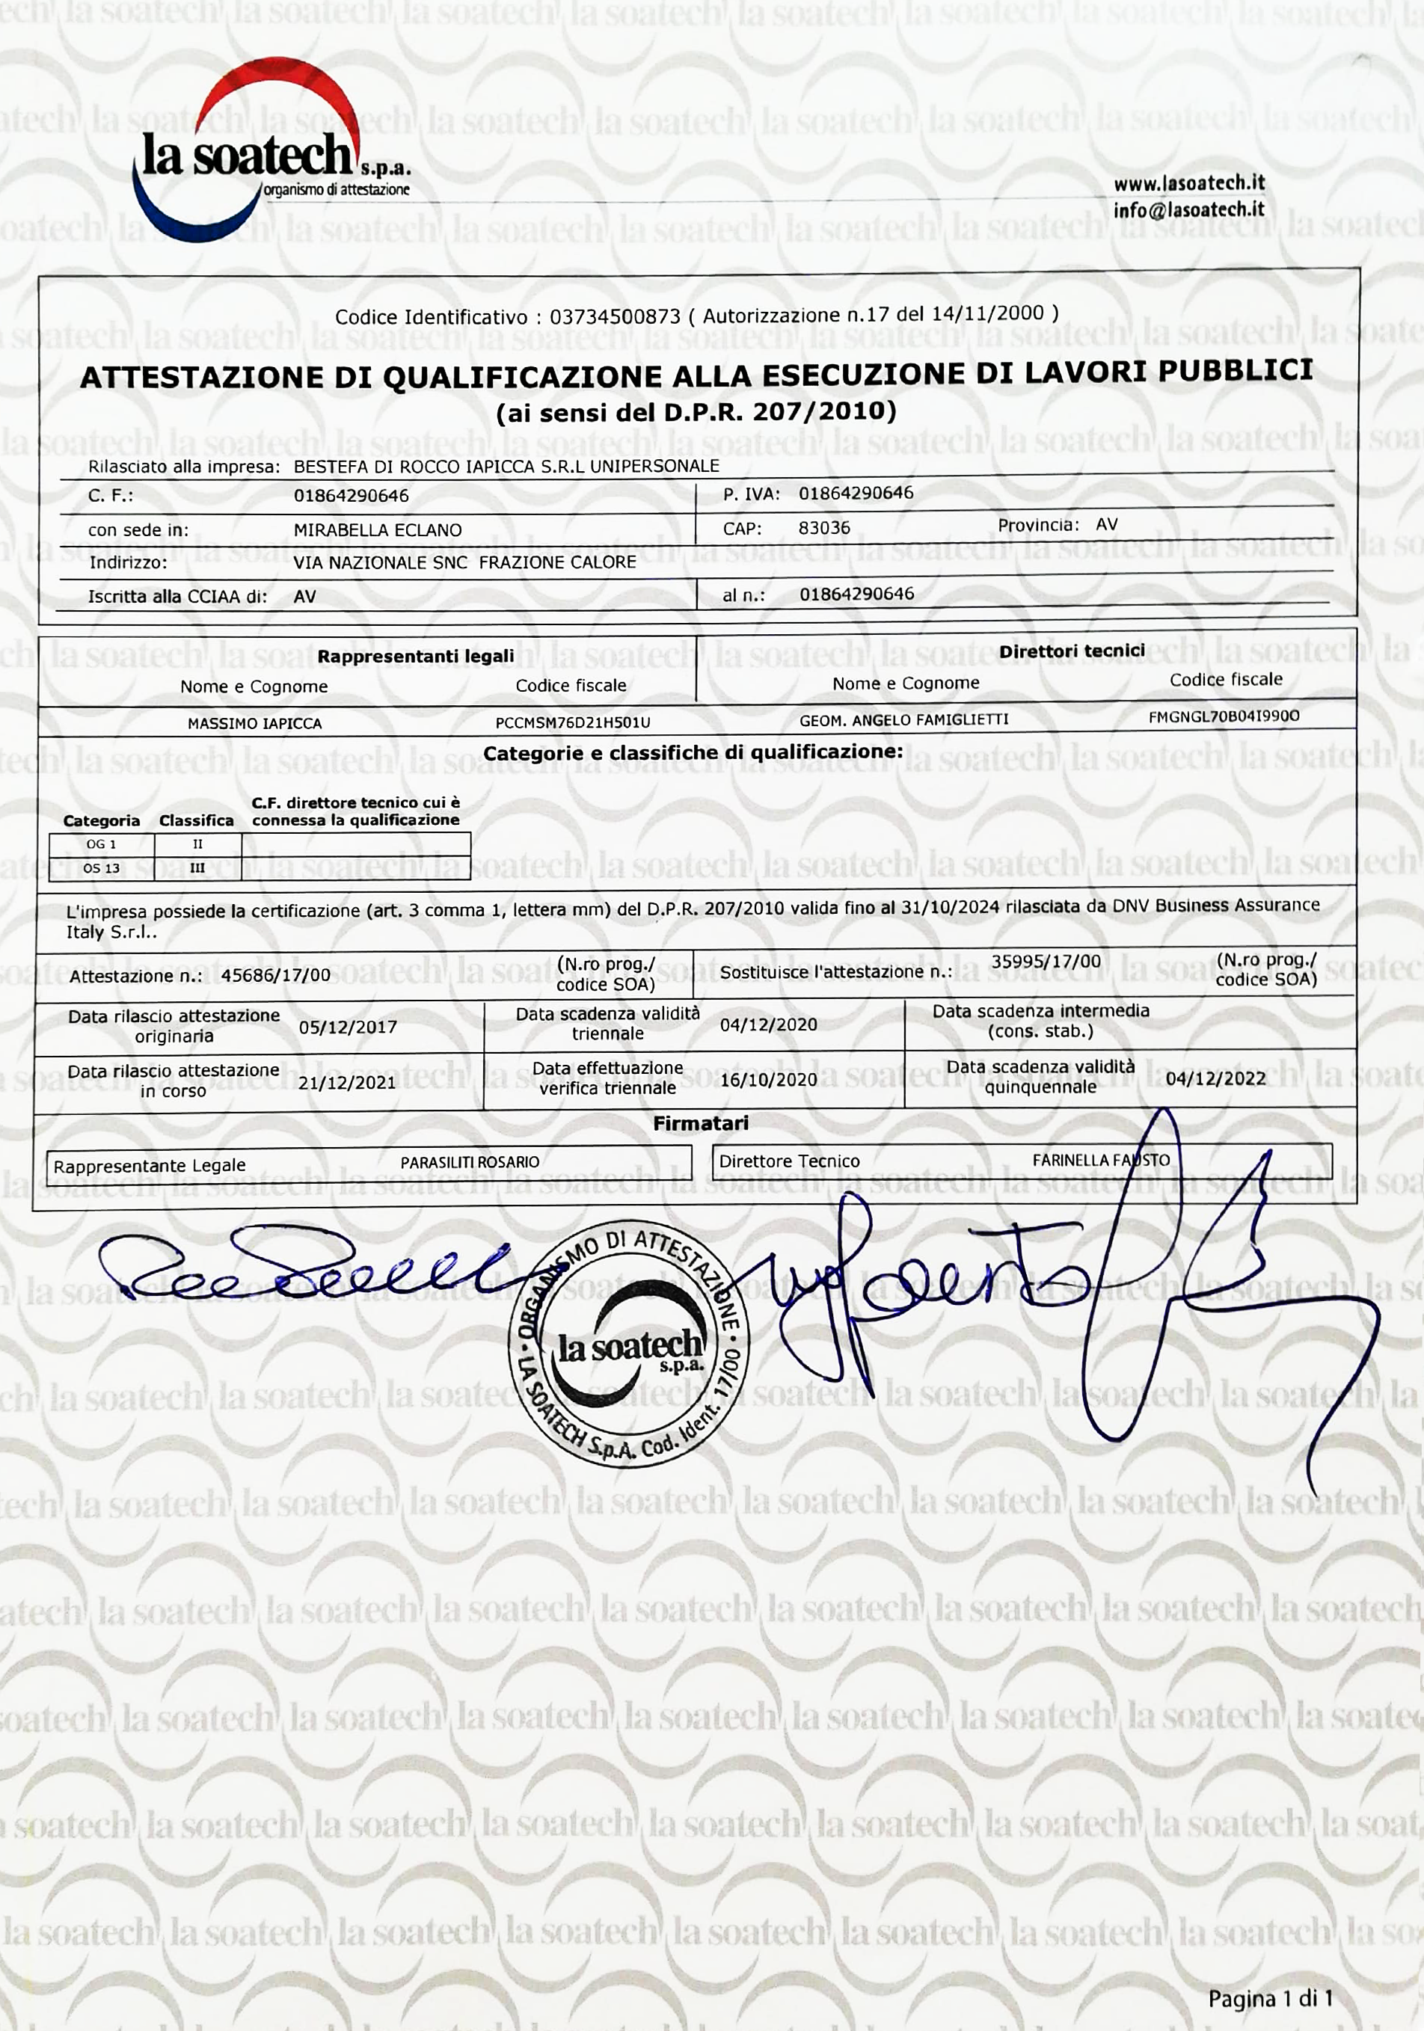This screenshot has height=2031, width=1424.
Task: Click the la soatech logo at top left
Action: (266, 155)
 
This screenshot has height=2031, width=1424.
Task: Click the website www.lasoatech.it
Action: (1188, 184)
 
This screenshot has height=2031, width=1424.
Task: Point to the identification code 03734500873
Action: (615, 316)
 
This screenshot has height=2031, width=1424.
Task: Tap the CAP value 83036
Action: (823, 528)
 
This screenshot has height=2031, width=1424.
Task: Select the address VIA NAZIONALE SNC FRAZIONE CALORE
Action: (464, 562)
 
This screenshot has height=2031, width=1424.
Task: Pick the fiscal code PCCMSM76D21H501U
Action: (572, 722)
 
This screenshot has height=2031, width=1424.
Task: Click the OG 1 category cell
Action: (101, 845)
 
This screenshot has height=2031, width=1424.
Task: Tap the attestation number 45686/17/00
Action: (275, 975)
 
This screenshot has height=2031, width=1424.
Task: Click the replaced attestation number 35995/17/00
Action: (1046, 962)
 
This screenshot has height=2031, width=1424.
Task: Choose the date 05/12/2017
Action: (348, 1027)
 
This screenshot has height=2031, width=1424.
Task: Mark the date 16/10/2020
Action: (768, 1079)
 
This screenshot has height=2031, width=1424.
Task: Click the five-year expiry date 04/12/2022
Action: (1215, 1079)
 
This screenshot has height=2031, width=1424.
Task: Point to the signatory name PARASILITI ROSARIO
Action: (470, 1162)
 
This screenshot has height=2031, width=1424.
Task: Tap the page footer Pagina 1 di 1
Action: (1269, 1998)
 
